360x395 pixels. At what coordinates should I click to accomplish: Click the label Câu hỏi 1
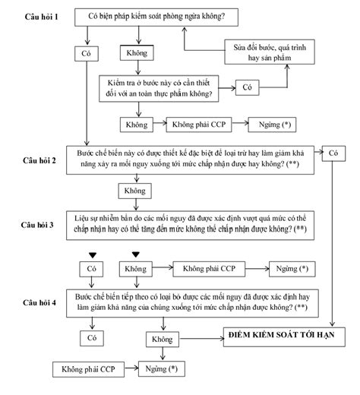(41, 17)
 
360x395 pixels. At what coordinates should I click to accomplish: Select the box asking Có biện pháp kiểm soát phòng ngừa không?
(156, 17)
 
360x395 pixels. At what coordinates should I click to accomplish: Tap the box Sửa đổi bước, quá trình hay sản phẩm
(270, 52)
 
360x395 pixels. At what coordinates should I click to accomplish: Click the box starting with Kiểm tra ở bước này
(159, 88)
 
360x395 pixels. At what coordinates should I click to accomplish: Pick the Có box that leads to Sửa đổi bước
(248, 87)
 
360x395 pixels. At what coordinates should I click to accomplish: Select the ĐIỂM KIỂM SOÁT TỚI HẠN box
(284, 337)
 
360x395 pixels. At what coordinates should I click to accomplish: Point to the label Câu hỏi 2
(39, 160)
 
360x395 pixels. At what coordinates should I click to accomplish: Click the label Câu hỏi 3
(37, 225)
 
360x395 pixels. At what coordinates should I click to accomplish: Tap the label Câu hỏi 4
(39, 302)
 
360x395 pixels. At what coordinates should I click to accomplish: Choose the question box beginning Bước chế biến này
(190, 160)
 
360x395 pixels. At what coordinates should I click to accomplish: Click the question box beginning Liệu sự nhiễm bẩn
(190, 225)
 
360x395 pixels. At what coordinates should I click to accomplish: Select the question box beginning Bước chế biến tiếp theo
(192, 303)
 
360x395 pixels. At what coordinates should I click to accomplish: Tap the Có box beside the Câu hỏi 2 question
(333, 153)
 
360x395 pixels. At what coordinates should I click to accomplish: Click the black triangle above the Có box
(93, 255)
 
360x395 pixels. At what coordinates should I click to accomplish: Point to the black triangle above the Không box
(136, 254)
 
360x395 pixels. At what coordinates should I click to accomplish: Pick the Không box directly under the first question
(137, 52)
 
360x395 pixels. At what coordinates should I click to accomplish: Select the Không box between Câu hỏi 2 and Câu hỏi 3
(135, 191)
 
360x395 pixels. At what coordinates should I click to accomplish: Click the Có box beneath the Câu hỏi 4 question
(92, 338)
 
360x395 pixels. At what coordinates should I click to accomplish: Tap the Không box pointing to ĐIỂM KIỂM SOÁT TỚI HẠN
(163, 340)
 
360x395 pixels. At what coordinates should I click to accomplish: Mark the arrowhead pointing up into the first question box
(185, 30)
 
